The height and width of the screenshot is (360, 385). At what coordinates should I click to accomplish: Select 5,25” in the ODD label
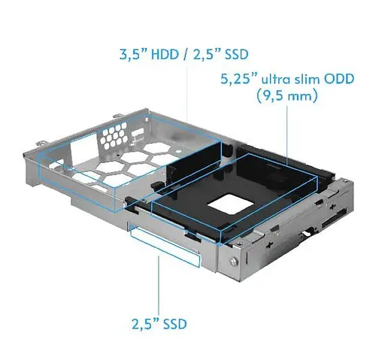tap(237, 78)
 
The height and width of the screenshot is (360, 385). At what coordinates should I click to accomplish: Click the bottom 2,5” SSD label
tap(158, 325)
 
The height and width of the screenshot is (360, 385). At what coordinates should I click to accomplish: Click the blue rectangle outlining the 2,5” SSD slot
tap(162, 242)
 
